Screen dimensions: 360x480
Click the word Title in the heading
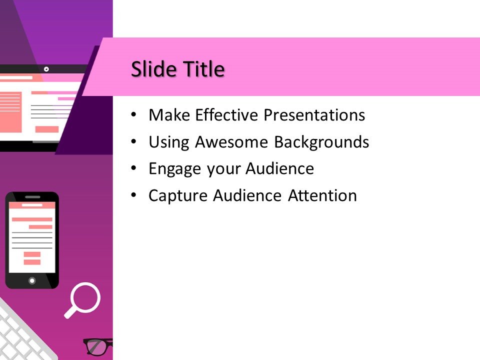(202, 69)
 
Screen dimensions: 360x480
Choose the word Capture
(178, 195)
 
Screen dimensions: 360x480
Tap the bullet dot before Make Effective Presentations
(132, 115)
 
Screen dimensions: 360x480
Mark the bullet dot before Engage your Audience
(132, 168)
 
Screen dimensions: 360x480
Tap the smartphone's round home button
(32, 280)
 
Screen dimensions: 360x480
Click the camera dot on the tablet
(46, 68)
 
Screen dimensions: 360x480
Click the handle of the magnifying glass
(70, 312)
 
